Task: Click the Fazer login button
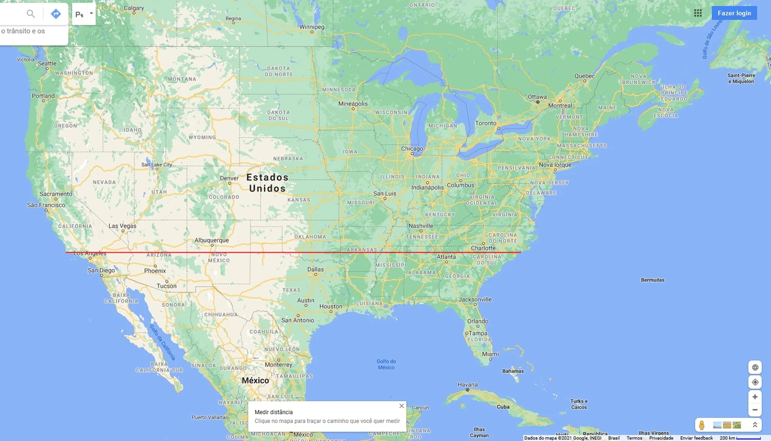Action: click(734, 13)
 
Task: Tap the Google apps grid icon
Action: click(698, 13)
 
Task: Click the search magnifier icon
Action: click(31, 14)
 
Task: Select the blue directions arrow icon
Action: click(56, 14)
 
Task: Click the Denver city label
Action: click(229, 178)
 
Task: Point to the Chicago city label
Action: click(412, 148)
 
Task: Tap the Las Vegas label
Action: click(122, 226)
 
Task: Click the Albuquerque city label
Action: click(211, 240)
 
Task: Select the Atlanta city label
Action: click(447, 257)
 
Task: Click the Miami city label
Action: click(490, 354)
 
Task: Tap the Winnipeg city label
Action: click(312, 27)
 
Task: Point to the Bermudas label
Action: click(652, 280)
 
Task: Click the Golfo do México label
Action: click(386, 364)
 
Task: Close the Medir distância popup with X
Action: click(402, 406)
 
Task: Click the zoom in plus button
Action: click(755, 397)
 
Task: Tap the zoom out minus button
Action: click(755, 410)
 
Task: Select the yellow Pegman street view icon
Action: click(702, 425)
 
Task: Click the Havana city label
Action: click(468, 385)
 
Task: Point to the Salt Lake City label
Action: click(157, 165)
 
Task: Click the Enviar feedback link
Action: click(696, 438)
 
